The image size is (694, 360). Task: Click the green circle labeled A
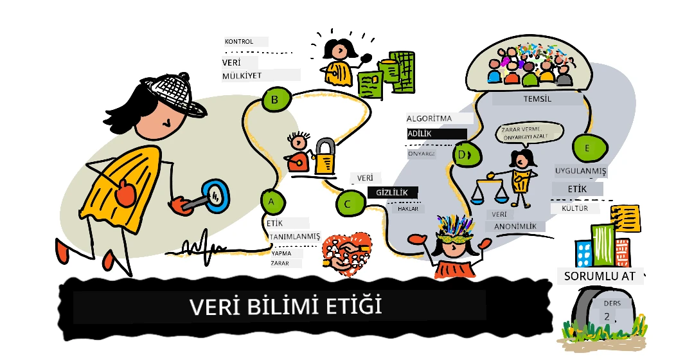tap(272, 201)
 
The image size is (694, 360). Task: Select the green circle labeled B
tap(276, 99)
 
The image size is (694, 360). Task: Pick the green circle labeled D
tap(467, 154)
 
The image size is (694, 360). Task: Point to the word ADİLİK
tap(419, 133)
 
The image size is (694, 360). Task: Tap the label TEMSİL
tap(537, 99)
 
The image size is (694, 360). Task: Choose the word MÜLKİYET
tap(242, 75)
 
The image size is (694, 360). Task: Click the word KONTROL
tap(239, 42)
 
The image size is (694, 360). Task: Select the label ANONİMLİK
tap(515, 226)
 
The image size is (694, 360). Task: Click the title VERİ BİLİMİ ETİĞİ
tap(286, 307)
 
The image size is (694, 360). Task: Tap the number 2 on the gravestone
tap(607, 316)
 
